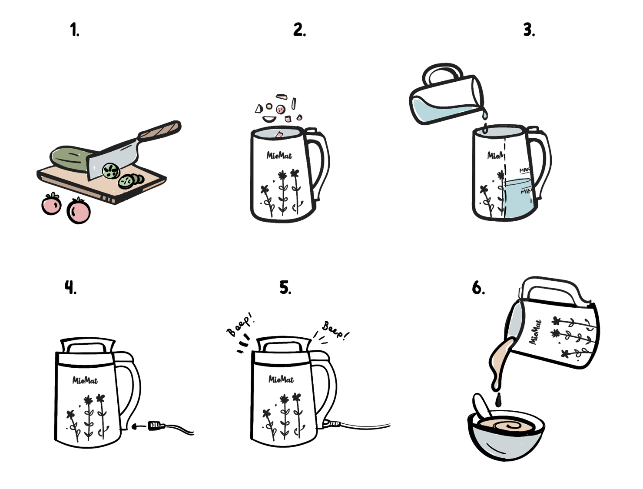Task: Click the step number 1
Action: tap(74, 30)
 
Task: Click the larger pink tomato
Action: tap(79, 210)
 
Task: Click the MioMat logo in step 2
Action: tap(279, 156)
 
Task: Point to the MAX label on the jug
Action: tap(524, 170)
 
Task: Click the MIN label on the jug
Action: tap(526, 191)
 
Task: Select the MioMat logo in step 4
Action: tap(85, 381)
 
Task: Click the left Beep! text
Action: tap(240, 324)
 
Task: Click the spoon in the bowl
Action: tap(482, 406)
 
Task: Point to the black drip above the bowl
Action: tap(498, 400)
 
